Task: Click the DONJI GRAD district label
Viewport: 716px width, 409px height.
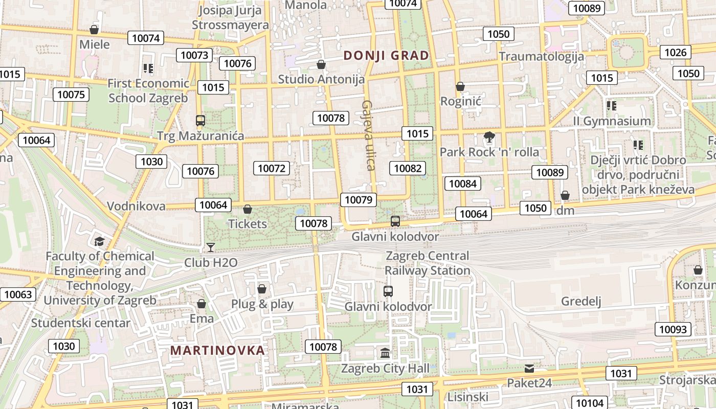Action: tap(386, 56)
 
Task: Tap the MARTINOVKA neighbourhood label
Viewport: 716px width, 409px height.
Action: tap(217, 350)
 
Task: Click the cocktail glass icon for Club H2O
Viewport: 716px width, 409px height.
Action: tap(210, 247)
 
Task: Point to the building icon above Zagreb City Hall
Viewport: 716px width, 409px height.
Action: tap(385, 353)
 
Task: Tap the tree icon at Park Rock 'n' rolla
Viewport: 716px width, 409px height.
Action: tap(489, 137)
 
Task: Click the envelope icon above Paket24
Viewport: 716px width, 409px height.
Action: tap(529, 368)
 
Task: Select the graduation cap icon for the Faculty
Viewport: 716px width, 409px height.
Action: tap(99, 241)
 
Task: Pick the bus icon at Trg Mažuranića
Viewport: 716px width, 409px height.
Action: tap(200, 121)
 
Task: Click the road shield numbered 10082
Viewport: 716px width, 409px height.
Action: tap(408, 168)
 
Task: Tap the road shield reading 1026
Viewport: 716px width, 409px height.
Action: tap(675, 52)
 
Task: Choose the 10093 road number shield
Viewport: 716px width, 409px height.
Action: tap(673, 329)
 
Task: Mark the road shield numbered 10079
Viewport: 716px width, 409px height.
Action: tap(359, 200)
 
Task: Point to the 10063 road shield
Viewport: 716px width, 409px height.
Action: tap(18, 294)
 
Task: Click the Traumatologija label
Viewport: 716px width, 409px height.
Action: tap(541, 56)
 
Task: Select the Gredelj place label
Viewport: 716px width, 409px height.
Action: tap(581, 301)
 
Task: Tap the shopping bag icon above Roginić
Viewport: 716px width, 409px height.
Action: tap(460, 86)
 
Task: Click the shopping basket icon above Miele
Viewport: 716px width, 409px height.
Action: tap(94, 30)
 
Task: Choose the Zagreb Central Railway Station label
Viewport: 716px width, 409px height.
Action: tap(427, 263)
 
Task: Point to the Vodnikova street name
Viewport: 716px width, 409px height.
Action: tap(136, 206)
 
